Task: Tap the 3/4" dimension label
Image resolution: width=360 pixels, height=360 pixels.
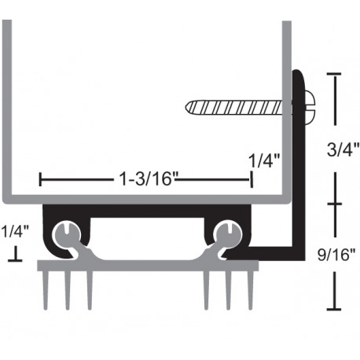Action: click(x=343, y=149)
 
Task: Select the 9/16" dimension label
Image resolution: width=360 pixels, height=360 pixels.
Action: click(x=336, y=255)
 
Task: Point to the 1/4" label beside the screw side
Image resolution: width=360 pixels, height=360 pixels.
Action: click(x=264, y=160)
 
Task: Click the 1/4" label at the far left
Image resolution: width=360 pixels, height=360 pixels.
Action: click(x=15, y=232)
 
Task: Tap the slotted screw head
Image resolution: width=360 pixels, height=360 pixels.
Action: click(x=310, y=103)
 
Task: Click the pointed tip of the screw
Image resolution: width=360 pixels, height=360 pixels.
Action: click(x=186, y=108)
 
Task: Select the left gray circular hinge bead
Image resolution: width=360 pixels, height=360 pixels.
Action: click(x=67, y=233)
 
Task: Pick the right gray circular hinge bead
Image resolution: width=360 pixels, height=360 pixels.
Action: click(x=228, y=233)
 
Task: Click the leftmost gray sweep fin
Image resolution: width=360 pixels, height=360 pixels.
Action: click(x=46, y=289)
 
